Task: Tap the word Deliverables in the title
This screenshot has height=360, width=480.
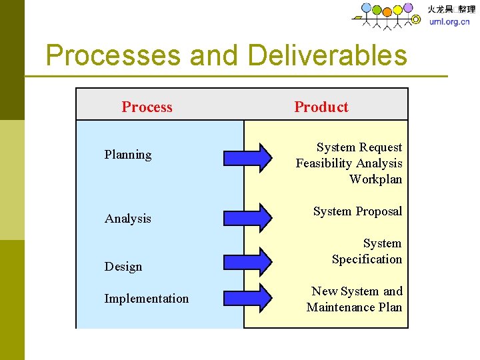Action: coord(327,55)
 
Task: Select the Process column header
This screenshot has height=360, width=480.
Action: coord(147,107)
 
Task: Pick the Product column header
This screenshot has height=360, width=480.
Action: coord(321,107)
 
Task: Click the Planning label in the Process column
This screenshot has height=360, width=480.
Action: coord(128,155)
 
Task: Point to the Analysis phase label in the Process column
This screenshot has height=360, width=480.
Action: coord(128,219)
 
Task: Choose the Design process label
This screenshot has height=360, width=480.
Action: coord(123,267)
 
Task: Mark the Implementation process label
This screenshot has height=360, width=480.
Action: coord(147,299)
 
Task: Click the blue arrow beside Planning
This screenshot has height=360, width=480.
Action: coord(247,157)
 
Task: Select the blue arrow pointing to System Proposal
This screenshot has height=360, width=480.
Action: coord(247,216)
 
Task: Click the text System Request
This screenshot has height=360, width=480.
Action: coord(359,147)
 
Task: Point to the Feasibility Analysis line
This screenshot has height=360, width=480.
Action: coord(349,163)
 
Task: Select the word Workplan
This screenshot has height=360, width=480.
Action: coord(376,179)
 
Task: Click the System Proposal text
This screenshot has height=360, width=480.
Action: coord(358,211)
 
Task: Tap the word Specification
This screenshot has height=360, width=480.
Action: coord(367,259)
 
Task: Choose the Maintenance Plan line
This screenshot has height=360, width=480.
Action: coord(355,307)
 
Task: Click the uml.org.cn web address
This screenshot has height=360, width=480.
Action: coord(449,21)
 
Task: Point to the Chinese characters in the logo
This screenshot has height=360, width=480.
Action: coord(451,9)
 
